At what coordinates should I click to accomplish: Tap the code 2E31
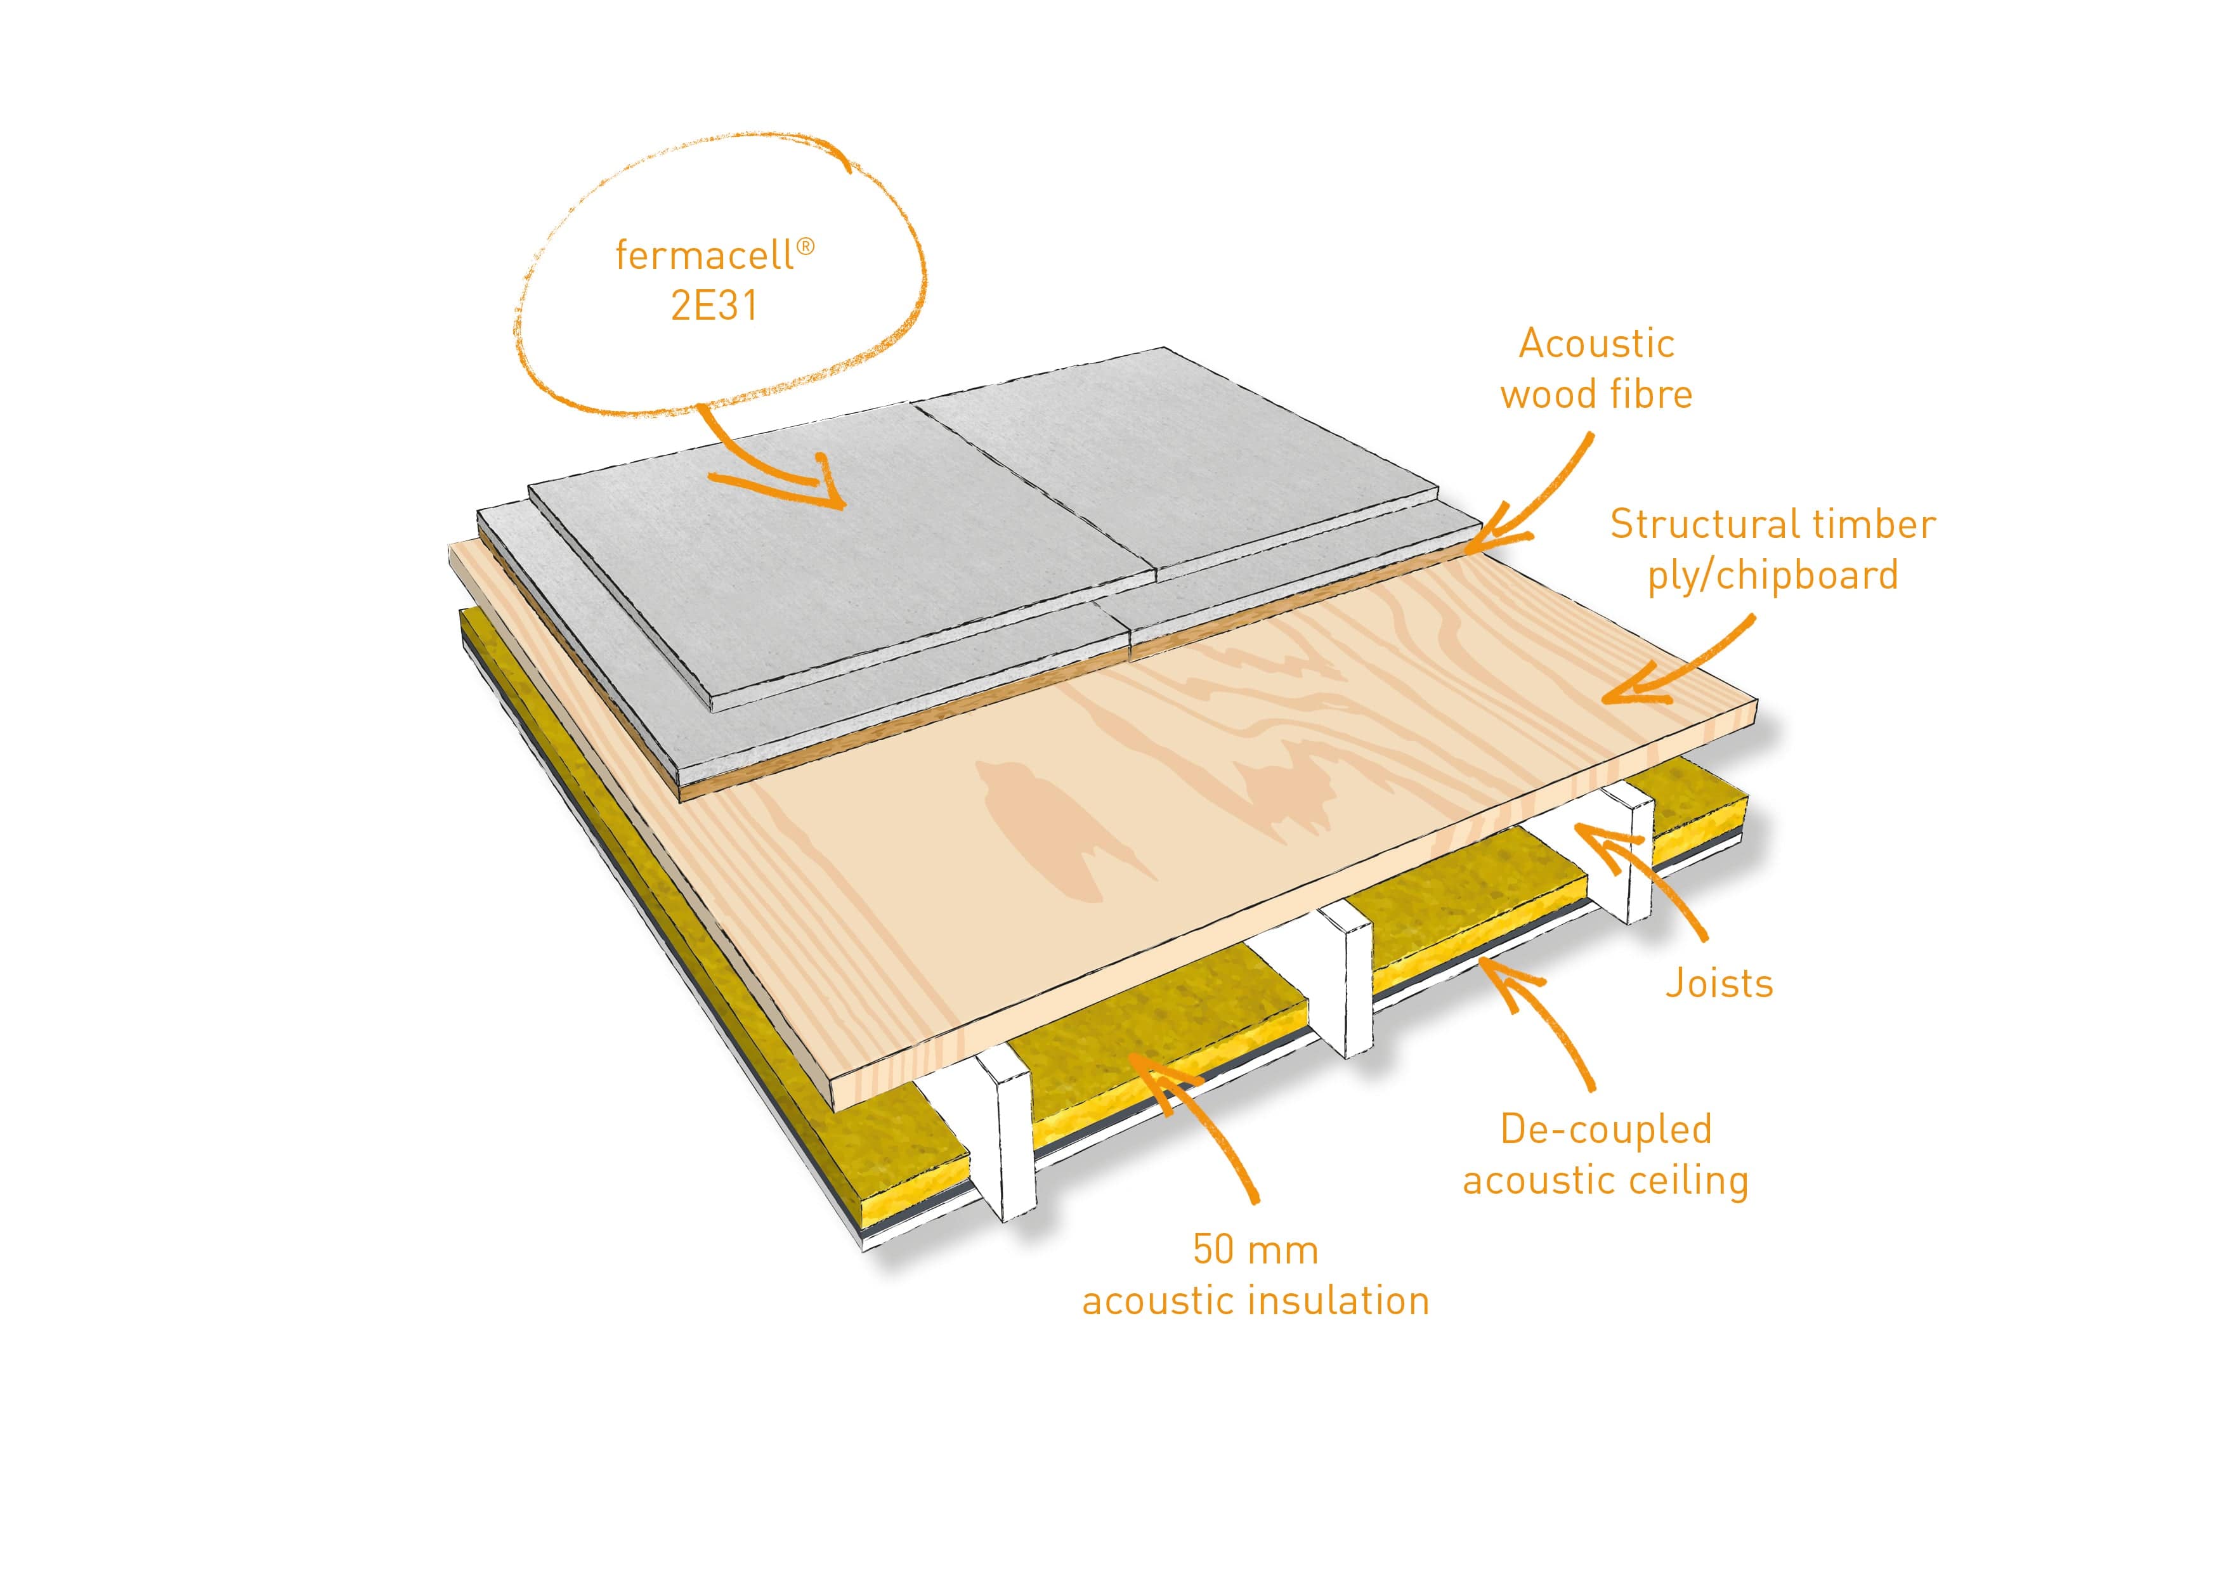pyautogui.click(x=714, y=306)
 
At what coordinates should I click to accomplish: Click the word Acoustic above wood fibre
pyautogui.click(x=1596, y=344)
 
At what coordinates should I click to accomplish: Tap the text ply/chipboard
pyautogui.click(x=1772, y=576)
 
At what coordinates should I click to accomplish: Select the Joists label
pyautogui.click(x=1719, y=984)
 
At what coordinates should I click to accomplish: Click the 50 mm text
pyautogui.click(x=1255, y=1250)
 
